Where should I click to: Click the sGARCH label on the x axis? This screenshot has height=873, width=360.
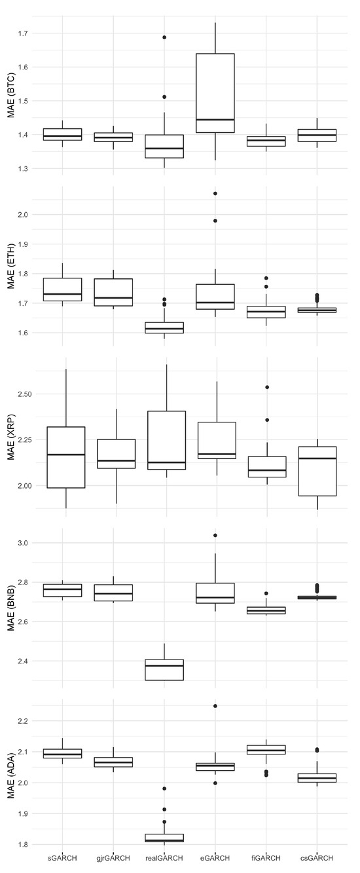tap(62, 857)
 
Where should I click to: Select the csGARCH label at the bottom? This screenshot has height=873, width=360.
tap(317, 857)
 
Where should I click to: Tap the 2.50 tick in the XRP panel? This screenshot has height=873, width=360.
tap(24, 394)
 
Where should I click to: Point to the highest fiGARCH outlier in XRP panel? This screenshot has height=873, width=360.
tap(266, 387)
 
